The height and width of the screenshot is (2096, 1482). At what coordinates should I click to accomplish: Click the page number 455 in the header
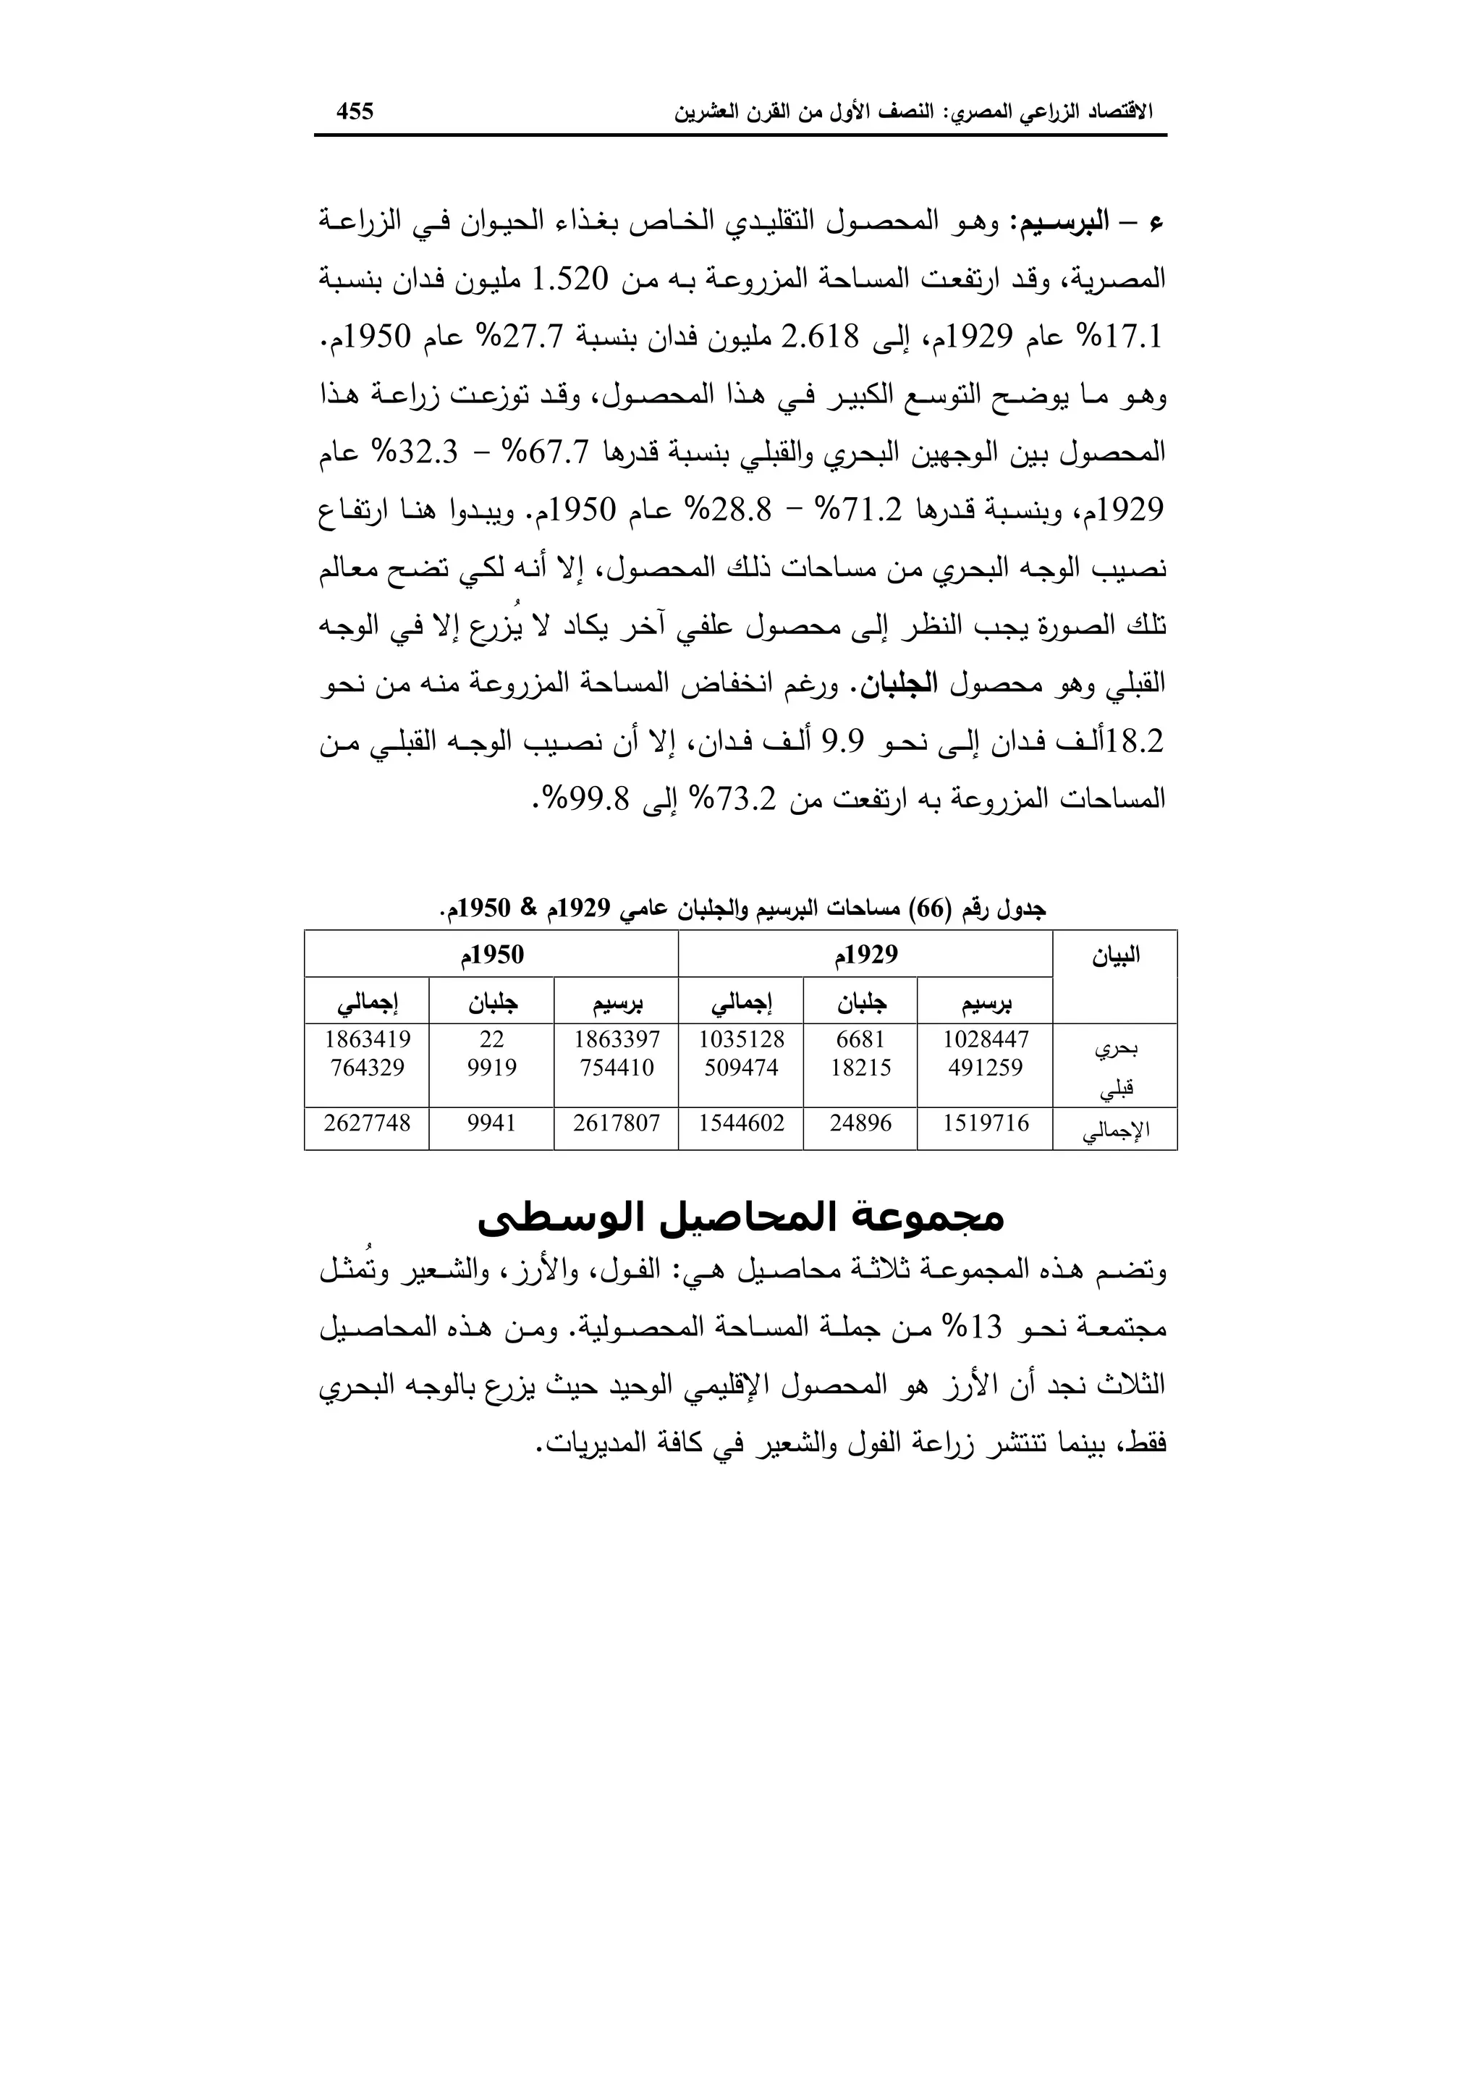(x=355, y=111)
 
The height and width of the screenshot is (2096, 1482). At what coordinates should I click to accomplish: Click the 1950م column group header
(x=492, y=955)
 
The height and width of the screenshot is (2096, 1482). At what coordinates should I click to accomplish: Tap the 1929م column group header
(x=865, y=955)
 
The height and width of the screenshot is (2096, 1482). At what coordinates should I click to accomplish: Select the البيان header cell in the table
(x=1114, y=957)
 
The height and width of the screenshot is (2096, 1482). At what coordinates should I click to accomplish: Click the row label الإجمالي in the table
(x=1114, y=1131)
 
